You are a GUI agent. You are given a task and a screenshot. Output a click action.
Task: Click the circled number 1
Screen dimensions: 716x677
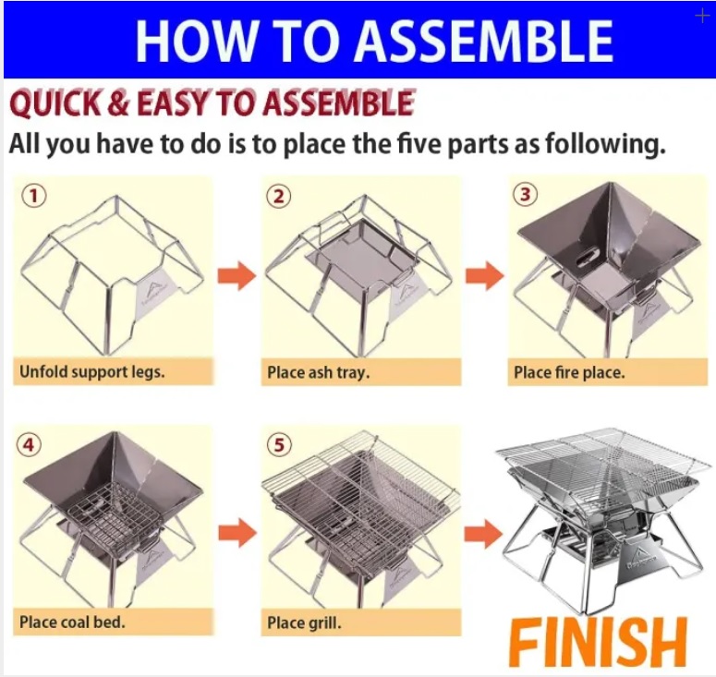(x=33, y=196)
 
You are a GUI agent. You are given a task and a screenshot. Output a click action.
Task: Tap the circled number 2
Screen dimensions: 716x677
(x=279, y=197)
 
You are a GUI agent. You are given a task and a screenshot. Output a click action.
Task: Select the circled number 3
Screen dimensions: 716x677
(x=525, y=195)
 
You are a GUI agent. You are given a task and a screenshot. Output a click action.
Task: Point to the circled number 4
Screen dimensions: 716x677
(x=29, y=444)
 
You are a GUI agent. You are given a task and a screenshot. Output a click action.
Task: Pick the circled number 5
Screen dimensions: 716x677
(x=279, y=444)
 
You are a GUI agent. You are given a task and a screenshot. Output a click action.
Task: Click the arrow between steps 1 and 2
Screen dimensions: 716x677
(x=237, y=276)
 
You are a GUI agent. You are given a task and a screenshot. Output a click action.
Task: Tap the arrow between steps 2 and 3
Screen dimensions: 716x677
(x=485, y=276)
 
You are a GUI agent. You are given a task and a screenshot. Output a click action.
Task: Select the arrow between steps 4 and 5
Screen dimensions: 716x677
(x=237, y=533)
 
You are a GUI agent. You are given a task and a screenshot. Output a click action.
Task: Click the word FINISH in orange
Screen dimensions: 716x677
(x=598, y=642)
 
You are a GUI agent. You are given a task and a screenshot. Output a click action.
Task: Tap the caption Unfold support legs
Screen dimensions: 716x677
(x=91, y=372)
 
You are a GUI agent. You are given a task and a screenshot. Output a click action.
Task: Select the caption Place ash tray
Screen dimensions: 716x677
(x=318, y=372)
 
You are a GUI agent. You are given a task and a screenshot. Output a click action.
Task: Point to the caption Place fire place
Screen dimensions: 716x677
(x=569, y=372)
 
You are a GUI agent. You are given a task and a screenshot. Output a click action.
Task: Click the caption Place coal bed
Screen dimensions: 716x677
(x=72, y=622)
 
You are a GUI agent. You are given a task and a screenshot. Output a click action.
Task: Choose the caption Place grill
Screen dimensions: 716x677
(x=304, y=623)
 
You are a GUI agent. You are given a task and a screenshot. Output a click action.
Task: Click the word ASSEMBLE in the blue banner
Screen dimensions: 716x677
(x=484, y=40)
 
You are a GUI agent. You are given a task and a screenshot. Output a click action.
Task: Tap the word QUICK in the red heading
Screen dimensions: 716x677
(x=55, y=103)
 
